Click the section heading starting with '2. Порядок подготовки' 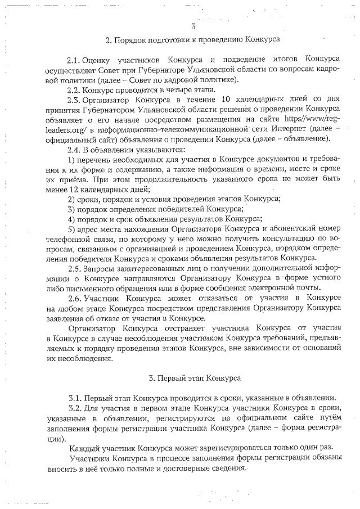(192, 40)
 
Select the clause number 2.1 (74, 59)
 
